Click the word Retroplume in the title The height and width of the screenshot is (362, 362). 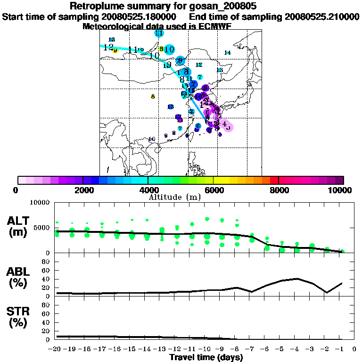click(97, 7)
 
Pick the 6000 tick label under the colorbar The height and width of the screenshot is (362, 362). click(214, 190)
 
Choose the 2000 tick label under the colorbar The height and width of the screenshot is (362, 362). click(82, 190)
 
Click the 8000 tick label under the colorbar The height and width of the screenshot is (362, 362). click(279, 190)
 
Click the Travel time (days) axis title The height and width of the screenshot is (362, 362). click(206, 358)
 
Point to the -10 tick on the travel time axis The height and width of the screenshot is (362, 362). click(206, 349)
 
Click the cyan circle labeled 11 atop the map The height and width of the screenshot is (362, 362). click(159, 33)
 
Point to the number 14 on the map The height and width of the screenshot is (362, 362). click(227, 53)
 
